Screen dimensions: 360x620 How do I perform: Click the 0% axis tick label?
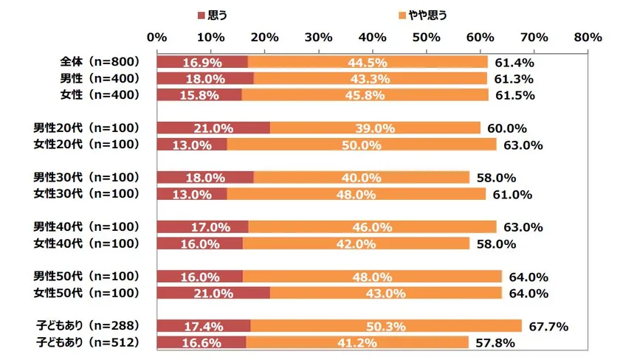156,37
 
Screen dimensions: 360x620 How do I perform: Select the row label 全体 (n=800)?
99,62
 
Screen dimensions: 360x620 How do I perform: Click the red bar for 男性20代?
213,128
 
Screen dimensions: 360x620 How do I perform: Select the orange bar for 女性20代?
362,144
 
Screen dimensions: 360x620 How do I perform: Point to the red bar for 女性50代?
213,293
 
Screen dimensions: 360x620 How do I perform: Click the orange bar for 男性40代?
373,226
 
